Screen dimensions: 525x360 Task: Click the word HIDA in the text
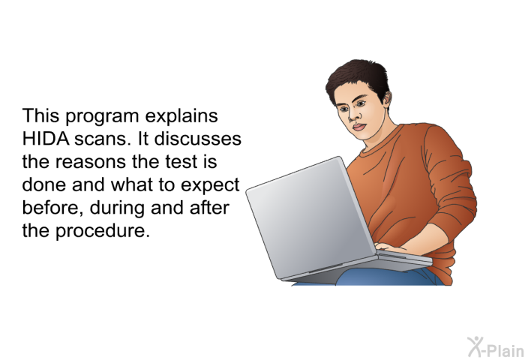[46, 139]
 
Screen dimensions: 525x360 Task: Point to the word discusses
[197, 139]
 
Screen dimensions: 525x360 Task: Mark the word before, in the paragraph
[53, 208]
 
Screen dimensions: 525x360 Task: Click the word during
[117, 208]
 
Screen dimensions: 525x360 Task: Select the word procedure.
[103, 232]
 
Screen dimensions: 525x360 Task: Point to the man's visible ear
[386, 99]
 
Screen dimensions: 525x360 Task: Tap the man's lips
[359, 127]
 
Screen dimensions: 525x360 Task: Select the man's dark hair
[358, 79]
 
